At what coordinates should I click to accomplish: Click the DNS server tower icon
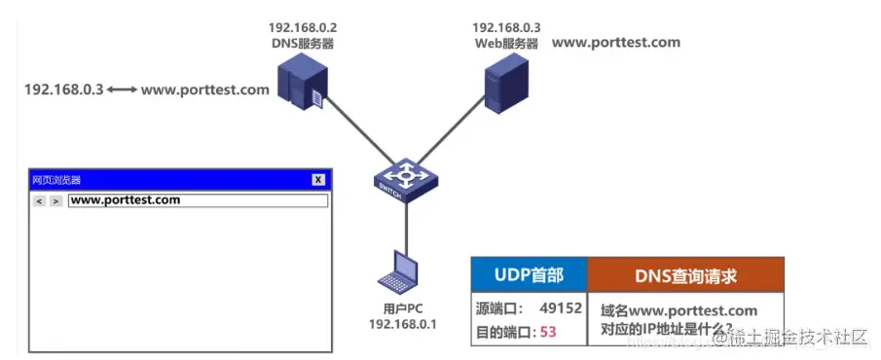[300, 82]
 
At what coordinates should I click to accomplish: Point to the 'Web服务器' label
[506, 43]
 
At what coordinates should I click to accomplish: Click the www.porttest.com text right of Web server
[616, 43]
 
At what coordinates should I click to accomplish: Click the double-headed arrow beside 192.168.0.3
[123, 90]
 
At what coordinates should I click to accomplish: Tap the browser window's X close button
[317, 180]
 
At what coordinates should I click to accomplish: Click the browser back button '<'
[39, 201]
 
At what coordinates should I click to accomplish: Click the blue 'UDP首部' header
[527, 276]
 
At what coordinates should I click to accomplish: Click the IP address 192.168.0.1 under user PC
[402, 323]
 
